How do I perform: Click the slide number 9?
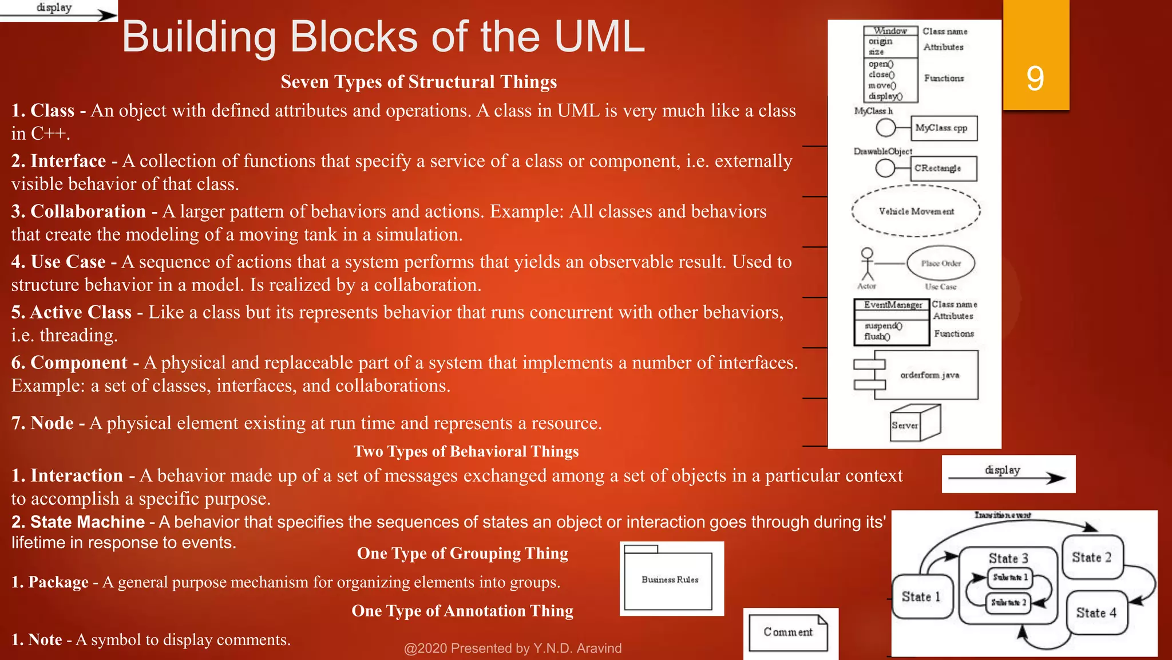tap(1035, 78)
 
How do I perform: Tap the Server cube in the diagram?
tap(914, 424)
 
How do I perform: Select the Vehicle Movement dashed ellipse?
tap(916, 211)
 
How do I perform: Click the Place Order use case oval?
tap(941, 264)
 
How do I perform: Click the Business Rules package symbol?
tap(669, 580)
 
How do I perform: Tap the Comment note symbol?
tap(788, 632)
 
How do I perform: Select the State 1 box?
tap(921, 597)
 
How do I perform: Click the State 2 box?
tap(1091, 557)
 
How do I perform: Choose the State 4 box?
tap(1096, 612)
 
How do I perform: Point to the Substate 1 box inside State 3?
tap(1010, 577)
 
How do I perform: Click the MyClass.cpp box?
tap(943, 128)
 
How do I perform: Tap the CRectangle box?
tap(943, 168)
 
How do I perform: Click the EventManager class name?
tap(892, 305)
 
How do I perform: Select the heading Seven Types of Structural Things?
tap(418, 82)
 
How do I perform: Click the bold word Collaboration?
tap(88, 211)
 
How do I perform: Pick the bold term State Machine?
tap(87, 522)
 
